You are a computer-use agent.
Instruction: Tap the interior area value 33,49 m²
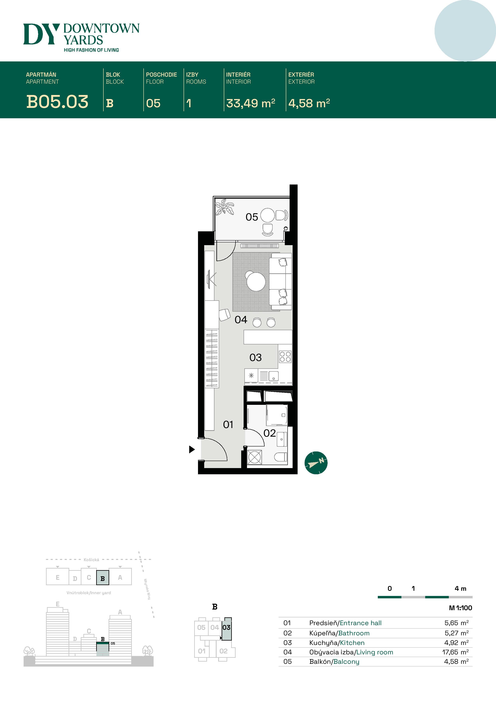(251, 103)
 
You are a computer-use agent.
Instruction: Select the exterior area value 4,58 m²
(309, 103)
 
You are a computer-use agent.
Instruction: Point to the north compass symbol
(316, 463)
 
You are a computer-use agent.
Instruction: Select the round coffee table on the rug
(256, 281)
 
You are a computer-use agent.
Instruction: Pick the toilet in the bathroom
(281, 457)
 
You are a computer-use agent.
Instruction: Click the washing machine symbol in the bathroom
(255, 457)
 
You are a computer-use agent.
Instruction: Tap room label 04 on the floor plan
(241, 320)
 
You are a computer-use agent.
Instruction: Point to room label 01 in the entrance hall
(228, 425)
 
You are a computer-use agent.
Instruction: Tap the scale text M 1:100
(460, 608)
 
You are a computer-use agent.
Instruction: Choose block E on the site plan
(57, 578)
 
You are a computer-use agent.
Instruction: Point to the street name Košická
(91, 560)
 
